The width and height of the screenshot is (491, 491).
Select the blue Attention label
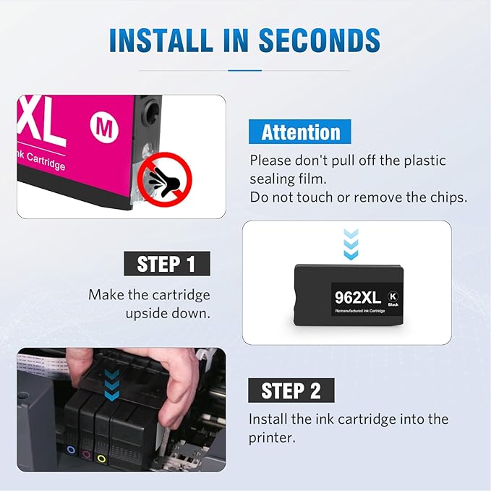(x=300, y=132)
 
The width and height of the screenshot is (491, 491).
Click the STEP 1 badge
(x=166, y=264)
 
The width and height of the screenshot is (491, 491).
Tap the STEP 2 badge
(x=291, y=390)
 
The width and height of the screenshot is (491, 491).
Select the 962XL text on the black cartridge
(x=358, y=296)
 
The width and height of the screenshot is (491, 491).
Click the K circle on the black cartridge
(x=393, y=295)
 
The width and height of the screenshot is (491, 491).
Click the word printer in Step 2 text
(x=271, y=437)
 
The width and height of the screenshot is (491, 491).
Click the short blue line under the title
(x=244, y=70)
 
